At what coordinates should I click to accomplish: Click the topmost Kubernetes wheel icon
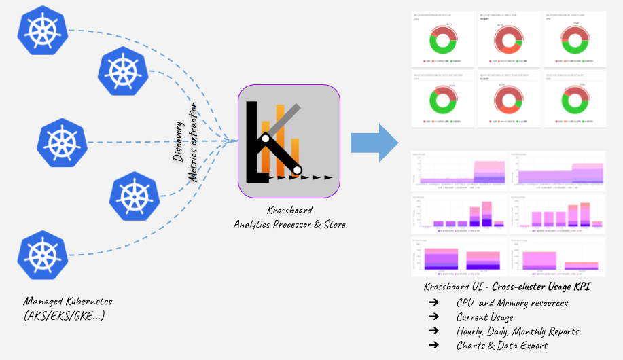(43, 31)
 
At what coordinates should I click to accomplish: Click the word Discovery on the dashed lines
(178, 141)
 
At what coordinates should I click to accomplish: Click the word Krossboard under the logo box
(289, 211)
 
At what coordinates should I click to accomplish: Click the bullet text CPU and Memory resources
(512, 303)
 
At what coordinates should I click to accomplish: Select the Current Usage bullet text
(484, 317)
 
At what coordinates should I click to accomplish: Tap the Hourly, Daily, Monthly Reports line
(518, 331)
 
